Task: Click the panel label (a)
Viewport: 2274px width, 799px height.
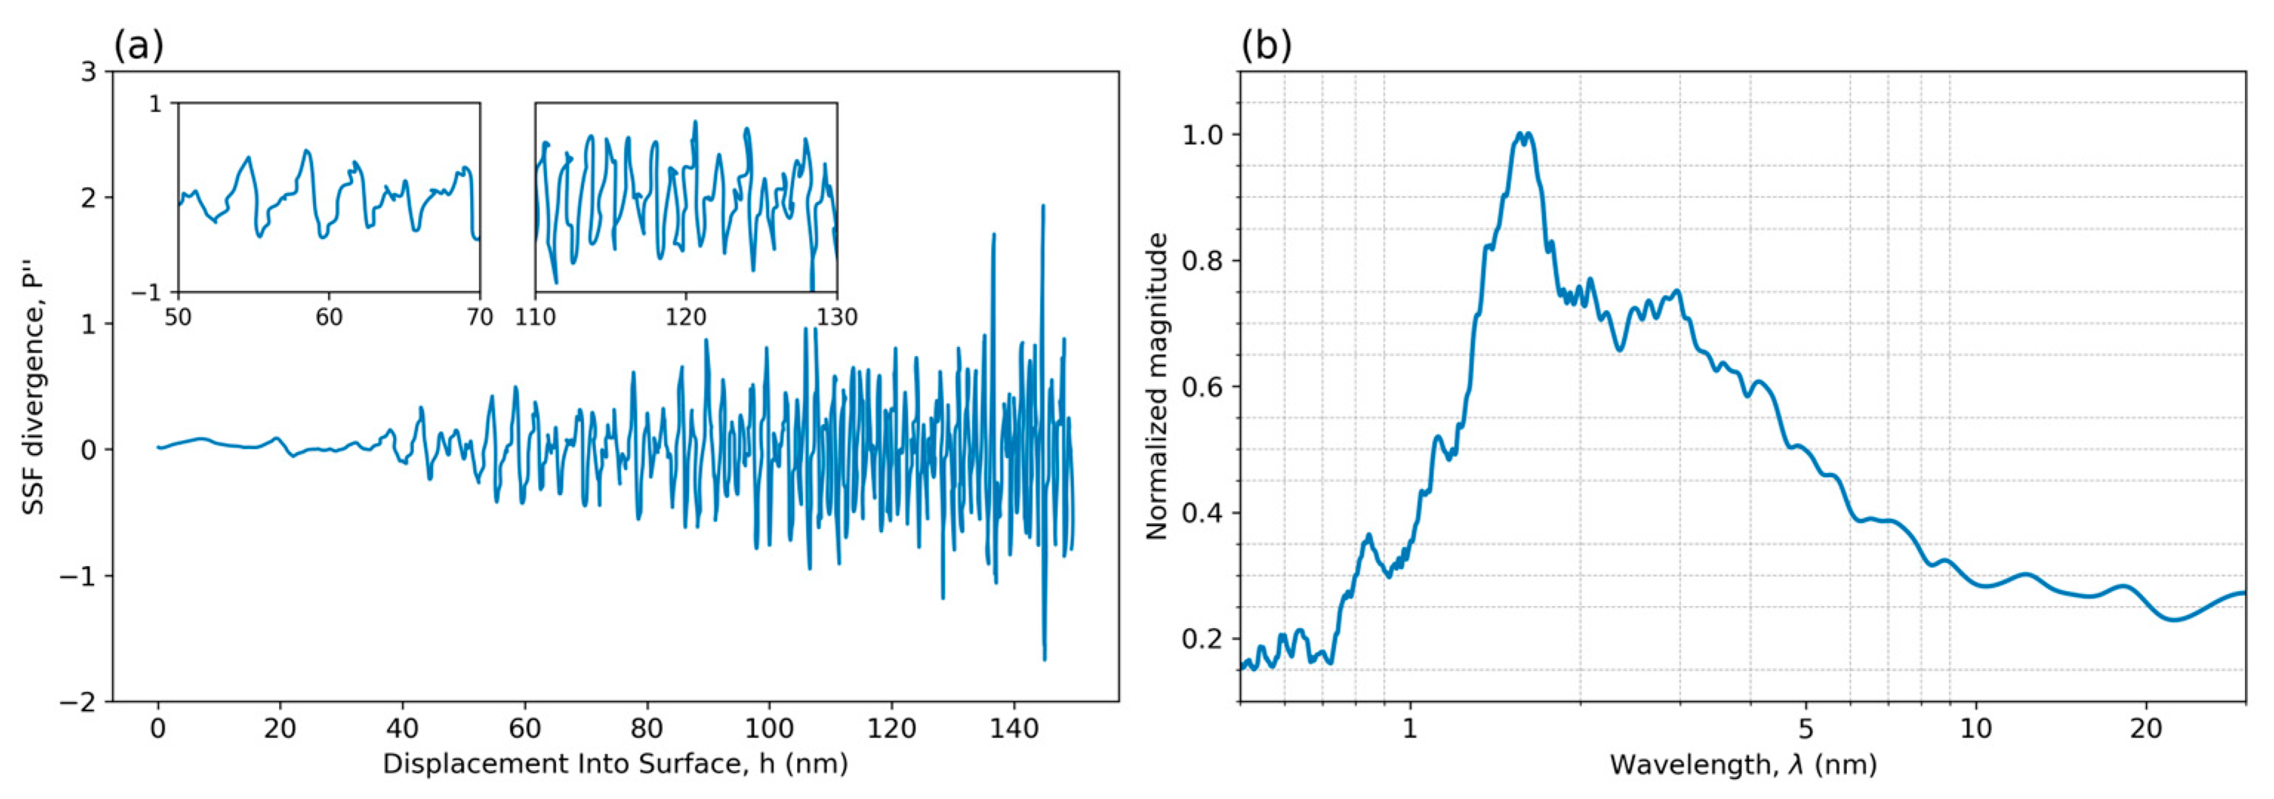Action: click(138, 45)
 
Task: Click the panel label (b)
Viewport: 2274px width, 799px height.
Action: click(1266, 45)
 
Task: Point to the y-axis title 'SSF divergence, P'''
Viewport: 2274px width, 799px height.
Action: click(33, 387)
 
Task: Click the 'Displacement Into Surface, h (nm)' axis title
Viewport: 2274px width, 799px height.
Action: click(615, 763)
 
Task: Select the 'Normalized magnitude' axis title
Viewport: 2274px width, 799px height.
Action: click(1157, 387)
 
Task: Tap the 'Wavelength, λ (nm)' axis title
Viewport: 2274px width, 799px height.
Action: click(1743, 763)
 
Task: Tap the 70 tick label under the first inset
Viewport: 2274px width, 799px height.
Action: click(480, 316)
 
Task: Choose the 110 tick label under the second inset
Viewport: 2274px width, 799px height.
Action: click(535, 316)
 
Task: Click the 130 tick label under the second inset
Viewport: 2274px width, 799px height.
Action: click(837, 316)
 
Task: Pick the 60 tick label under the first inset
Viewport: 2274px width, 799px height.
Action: click(329, 316)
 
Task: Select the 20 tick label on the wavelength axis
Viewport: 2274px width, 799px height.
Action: click(2146, 729)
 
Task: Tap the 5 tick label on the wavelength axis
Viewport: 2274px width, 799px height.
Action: click(1806, 729)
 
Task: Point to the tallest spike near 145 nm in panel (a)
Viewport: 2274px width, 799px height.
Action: click(1043, 206)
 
